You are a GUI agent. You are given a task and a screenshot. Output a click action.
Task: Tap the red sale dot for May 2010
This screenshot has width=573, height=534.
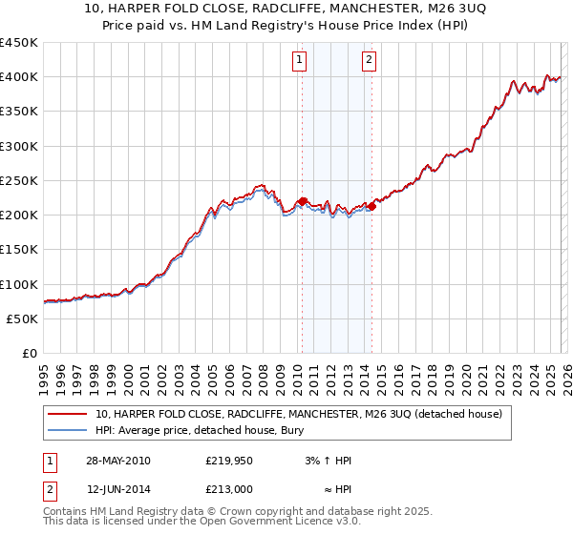302,201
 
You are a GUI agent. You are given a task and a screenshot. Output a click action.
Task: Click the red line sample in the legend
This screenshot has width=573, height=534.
68,414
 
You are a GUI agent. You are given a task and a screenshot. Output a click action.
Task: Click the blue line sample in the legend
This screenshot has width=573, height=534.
68,430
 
